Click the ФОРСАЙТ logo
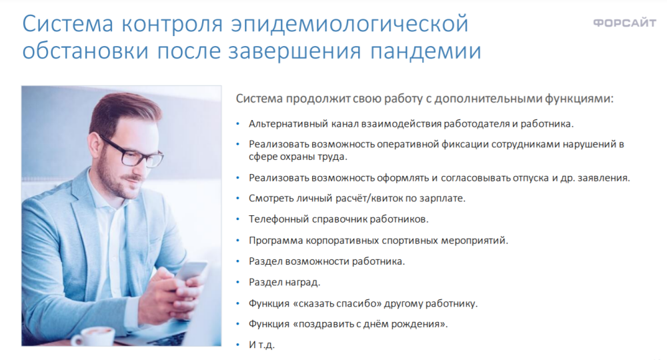[624, 23]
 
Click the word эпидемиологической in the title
[350, 24]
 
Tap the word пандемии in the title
[426, 51]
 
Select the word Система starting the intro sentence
[259, 99]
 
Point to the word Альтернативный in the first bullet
[288, 124]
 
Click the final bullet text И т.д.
[261, 345]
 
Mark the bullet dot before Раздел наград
[238, 282]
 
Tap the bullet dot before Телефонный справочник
[238, 219]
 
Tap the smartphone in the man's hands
[191, 272]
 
